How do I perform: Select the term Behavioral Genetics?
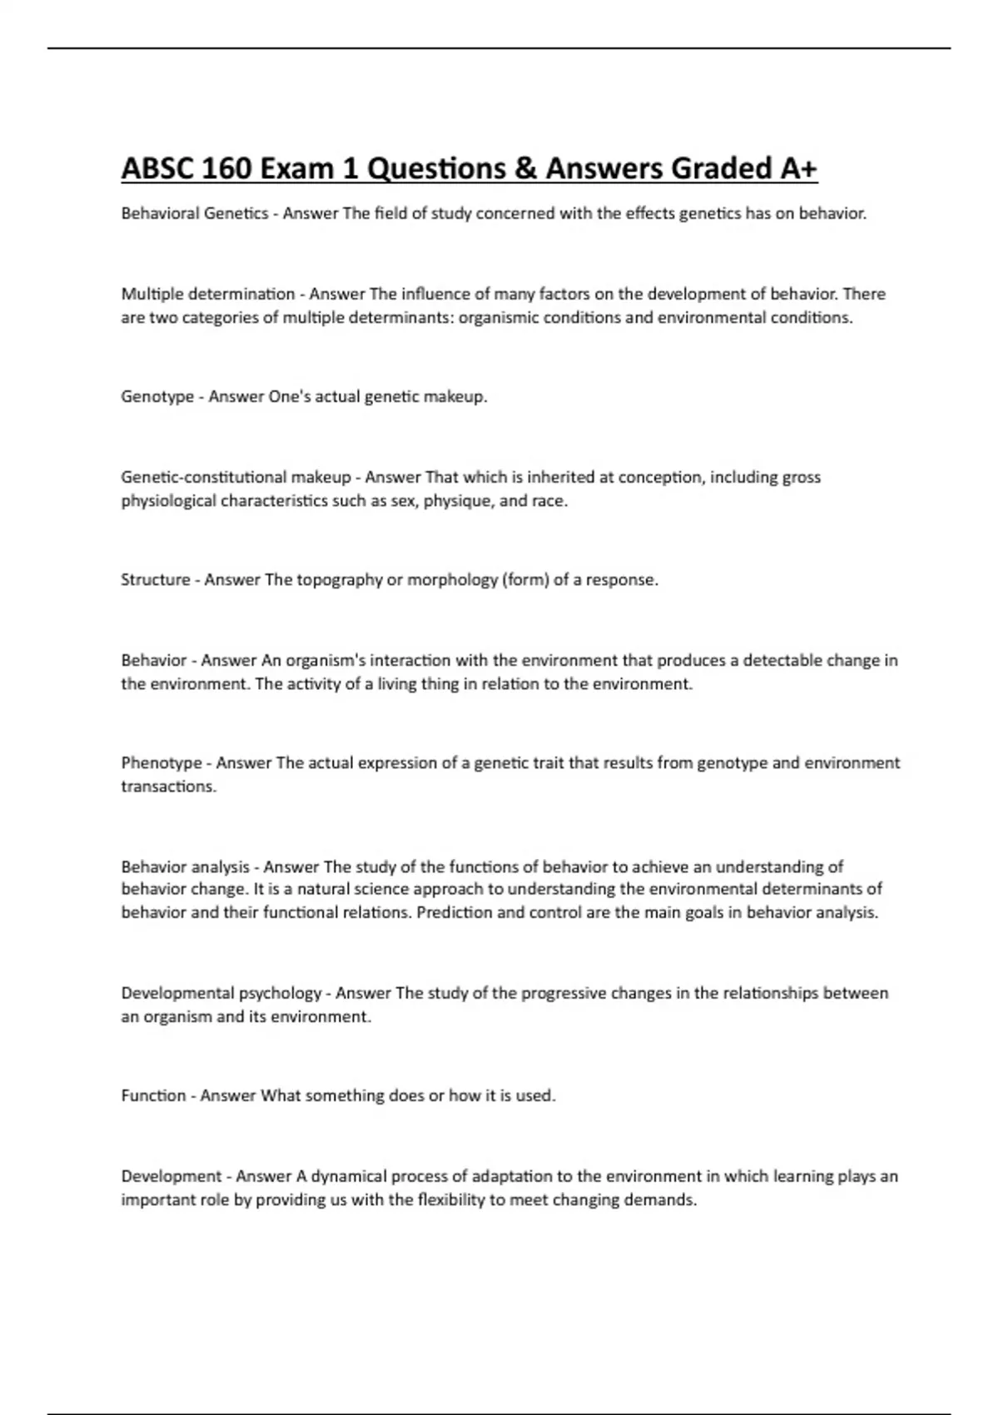(x=195, y=214)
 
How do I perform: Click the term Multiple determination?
(x=208, y=294)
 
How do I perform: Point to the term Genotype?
(x=157, y=397)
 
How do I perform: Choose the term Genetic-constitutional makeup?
(x=236, y=477)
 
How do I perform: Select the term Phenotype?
(x=162, y=763)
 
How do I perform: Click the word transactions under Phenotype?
(x=168, y=787)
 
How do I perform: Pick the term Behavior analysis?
(x=185, y=866)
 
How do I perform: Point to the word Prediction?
(x=455, y=912)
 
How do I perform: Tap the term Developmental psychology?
(x=221, y=993)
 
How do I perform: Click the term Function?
(x=153, y=1096)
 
